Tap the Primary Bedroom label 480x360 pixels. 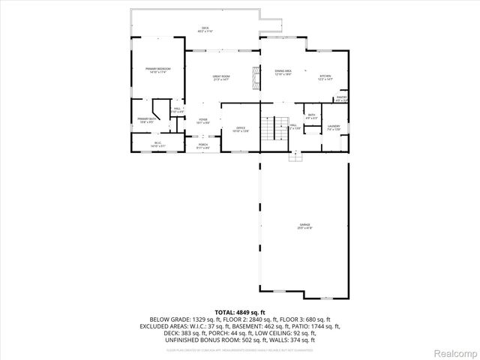(x=158, y=70)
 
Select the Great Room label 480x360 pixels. (x=220, y=77)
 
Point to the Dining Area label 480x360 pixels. (x=283, y=72)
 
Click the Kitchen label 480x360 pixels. (x=325, y=77)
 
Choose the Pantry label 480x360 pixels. (x=341, y=98)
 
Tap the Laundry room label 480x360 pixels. (x=334, y=127)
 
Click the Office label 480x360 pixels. (x=241, y=129)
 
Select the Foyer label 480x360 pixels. (x=203, y=121)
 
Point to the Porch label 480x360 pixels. (x=203, y=145)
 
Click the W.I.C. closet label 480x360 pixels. (x=158, y=144)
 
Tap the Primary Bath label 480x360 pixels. (x=146, y=120)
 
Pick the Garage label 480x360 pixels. (x=304, y=226)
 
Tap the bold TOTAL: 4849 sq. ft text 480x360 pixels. (x=239, y=311)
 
